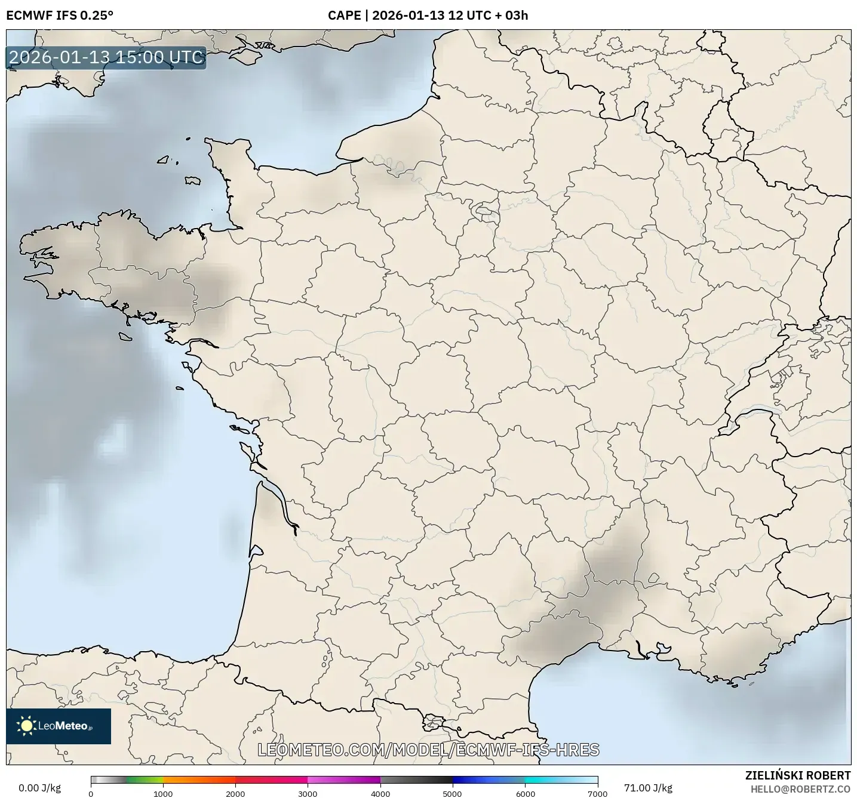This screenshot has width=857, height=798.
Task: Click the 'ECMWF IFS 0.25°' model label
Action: click(59, 15)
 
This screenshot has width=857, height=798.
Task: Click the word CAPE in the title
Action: click(344, 15)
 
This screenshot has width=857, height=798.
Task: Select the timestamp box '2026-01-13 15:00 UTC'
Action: click(106, 57)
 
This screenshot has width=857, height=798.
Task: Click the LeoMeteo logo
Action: click(59, 726)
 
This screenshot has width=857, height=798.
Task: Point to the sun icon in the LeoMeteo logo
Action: click(26, 726)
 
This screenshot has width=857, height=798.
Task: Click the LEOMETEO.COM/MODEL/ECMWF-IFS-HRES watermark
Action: click(428, 750)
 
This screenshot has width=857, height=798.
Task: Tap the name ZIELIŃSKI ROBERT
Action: click(797, 775)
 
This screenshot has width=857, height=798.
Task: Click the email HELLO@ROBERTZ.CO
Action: click(800, 788)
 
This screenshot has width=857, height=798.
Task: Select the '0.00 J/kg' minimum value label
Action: click(39, 788)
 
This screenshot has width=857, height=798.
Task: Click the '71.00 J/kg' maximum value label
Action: click(648, 788)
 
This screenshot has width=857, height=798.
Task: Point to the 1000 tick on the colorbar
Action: click(163, 793)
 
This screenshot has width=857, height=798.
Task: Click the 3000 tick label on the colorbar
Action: click(308, 793)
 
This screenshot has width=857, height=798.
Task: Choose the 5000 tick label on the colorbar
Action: click(453, 793)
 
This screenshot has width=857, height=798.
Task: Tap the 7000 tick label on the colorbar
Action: click(597, 793)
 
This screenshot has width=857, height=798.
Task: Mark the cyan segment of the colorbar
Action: click(543, 779)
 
